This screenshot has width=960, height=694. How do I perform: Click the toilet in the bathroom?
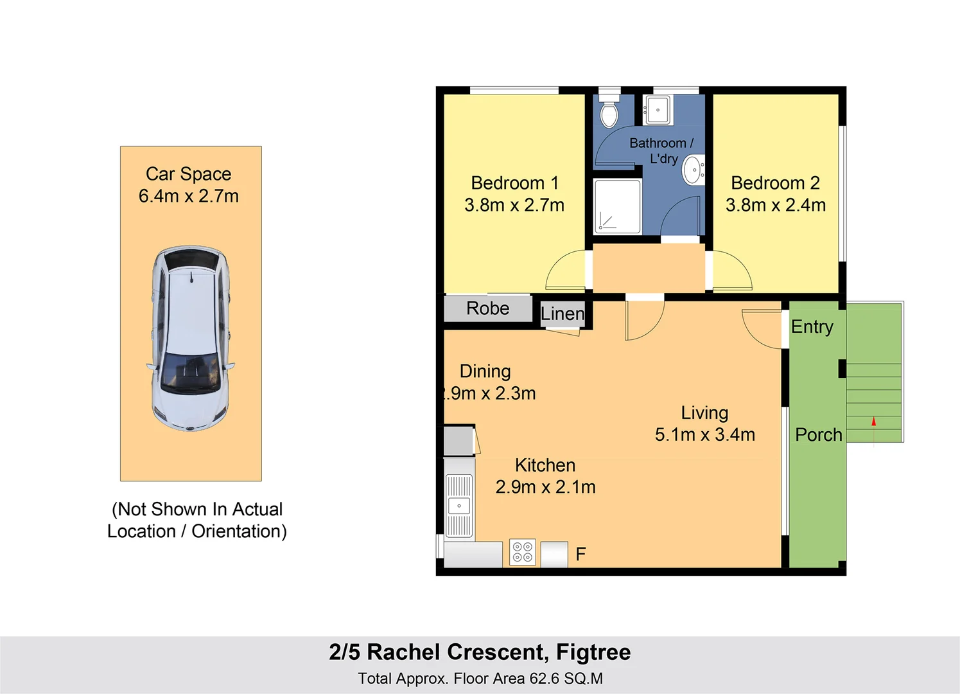click(609, 112)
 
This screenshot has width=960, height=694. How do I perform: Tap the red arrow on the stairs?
click(873, 422)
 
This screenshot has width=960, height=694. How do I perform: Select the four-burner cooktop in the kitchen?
click(523, 551)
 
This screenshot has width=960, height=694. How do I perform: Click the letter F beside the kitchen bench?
click(580, 554)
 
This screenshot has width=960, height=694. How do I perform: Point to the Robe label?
click(488, 308)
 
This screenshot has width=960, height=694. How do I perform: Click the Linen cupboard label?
click(563, 314)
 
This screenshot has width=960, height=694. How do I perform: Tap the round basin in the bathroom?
click(693, 170)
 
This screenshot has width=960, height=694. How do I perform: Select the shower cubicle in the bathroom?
click(617, 207)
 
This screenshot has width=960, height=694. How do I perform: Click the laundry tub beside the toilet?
click(657, 111)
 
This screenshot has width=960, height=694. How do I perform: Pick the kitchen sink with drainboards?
click(459, 506)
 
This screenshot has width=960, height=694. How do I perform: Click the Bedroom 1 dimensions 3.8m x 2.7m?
click(514, 205)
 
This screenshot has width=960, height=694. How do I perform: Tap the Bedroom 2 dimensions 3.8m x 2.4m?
click(776, 205)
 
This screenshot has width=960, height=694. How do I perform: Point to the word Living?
click(704, 413)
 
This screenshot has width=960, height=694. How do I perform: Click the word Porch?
click(819, 435)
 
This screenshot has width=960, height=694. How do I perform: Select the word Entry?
click(812, 327)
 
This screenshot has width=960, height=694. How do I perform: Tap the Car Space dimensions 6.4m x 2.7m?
click(189, 196)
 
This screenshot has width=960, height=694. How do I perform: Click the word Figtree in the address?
click(593, 652)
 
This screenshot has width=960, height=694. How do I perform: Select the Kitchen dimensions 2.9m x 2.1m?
click(546, 487)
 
